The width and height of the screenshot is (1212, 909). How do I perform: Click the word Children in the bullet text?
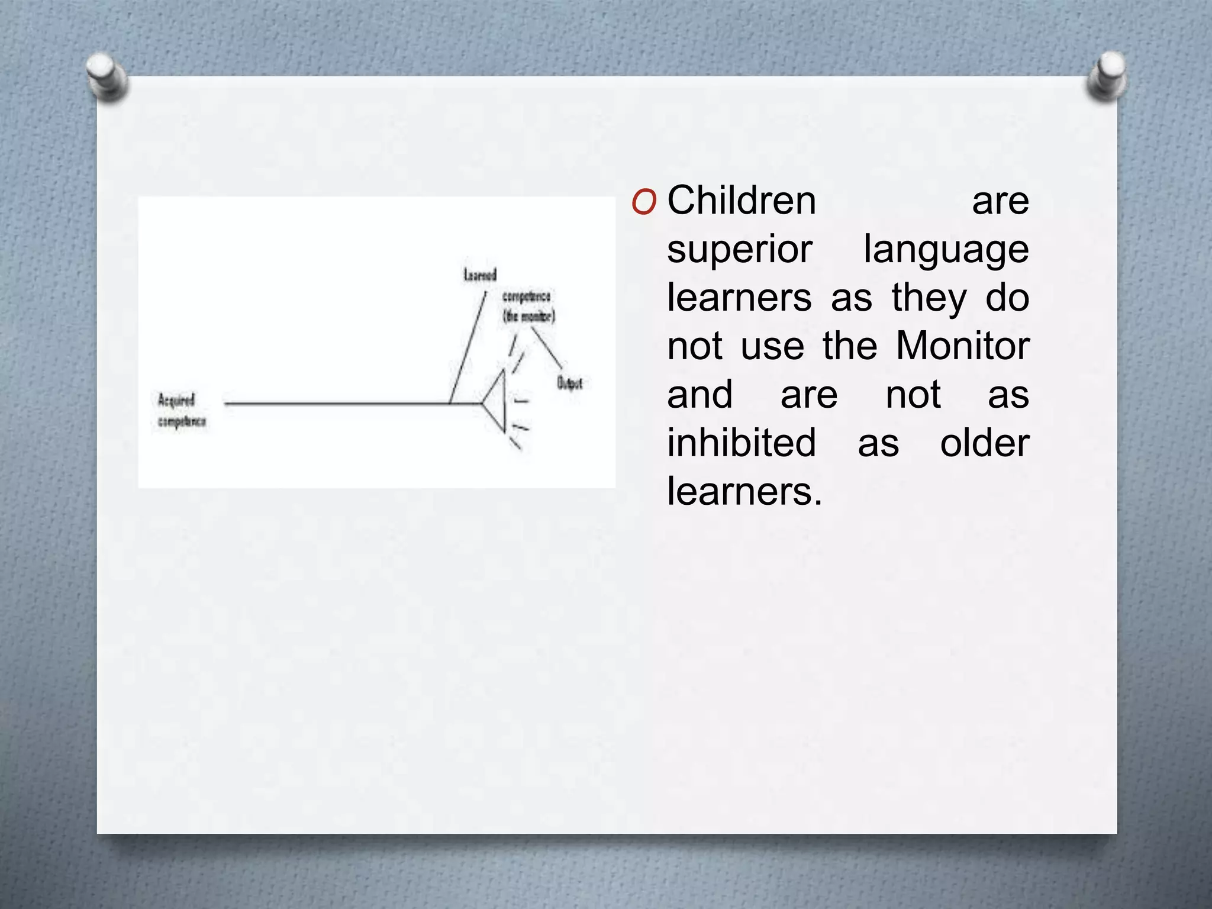point(742,201)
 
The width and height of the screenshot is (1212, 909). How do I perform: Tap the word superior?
point(739,249)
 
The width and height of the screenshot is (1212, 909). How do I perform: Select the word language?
point(946,249)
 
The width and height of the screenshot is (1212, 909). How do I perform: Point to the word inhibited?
point(742,443)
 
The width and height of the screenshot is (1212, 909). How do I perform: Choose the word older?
point(985,443)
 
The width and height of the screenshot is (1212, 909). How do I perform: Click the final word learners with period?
point(744,491)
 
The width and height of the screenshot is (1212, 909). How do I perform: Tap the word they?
point(929,298)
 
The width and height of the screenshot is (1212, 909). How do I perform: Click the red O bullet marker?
point(643,203)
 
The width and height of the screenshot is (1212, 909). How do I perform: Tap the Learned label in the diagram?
point(480,275)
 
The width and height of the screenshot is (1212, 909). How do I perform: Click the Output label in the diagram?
point(569,383)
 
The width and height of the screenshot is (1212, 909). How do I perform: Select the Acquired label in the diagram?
point(176,401)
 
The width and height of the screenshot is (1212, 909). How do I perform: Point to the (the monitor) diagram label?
point(528,317)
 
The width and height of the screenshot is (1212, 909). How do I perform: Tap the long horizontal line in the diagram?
point(337,404)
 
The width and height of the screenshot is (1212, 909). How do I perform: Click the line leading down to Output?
point(547,348)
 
